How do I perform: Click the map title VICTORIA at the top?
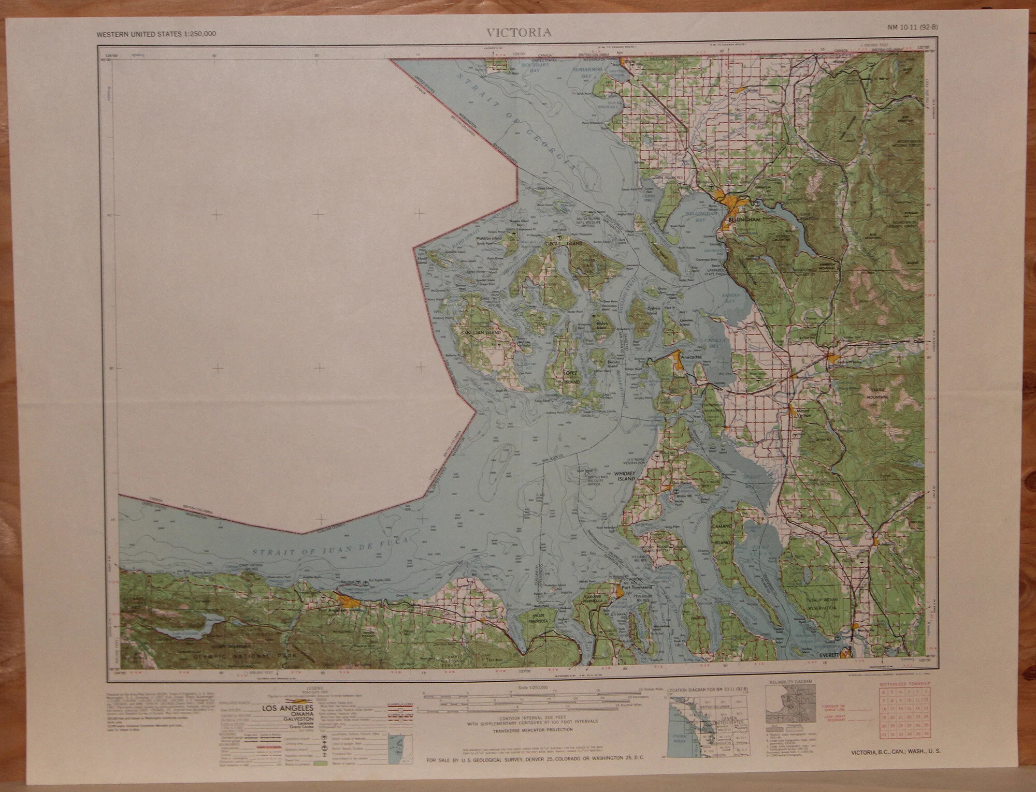[519, 33]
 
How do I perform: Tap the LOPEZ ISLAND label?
[572, 377]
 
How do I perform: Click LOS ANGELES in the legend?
[287, 708]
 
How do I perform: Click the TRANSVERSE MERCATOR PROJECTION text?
[533, 730]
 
